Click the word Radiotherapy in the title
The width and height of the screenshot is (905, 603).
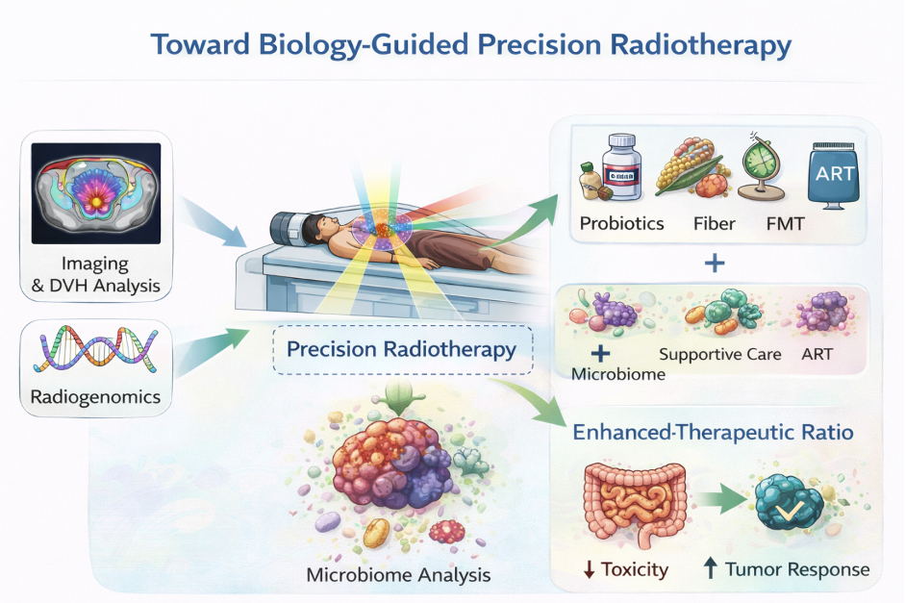700,45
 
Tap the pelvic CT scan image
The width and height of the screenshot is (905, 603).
96,193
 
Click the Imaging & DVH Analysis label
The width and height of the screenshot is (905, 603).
96,274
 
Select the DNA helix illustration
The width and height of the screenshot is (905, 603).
96,348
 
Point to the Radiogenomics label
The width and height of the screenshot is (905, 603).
95,396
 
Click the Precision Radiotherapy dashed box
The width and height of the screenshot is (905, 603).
402,350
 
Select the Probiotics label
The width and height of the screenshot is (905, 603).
621,223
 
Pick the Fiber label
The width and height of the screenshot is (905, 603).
714,223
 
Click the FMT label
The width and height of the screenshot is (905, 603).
785,223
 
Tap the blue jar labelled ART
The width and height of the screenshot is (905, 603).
834,175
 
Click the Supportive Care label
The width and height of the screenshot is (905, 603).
719,354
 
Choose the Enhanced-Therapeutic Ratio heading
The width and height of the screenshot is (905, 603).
713,432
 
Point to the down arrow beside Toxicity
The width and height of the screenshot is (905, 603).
589,569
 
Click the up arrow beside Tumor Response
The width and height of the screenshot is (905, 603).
711,568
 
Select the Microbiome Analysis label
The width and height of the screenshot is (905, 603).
398,575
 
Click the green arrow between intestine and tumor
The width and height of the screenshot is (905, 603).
721,500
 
